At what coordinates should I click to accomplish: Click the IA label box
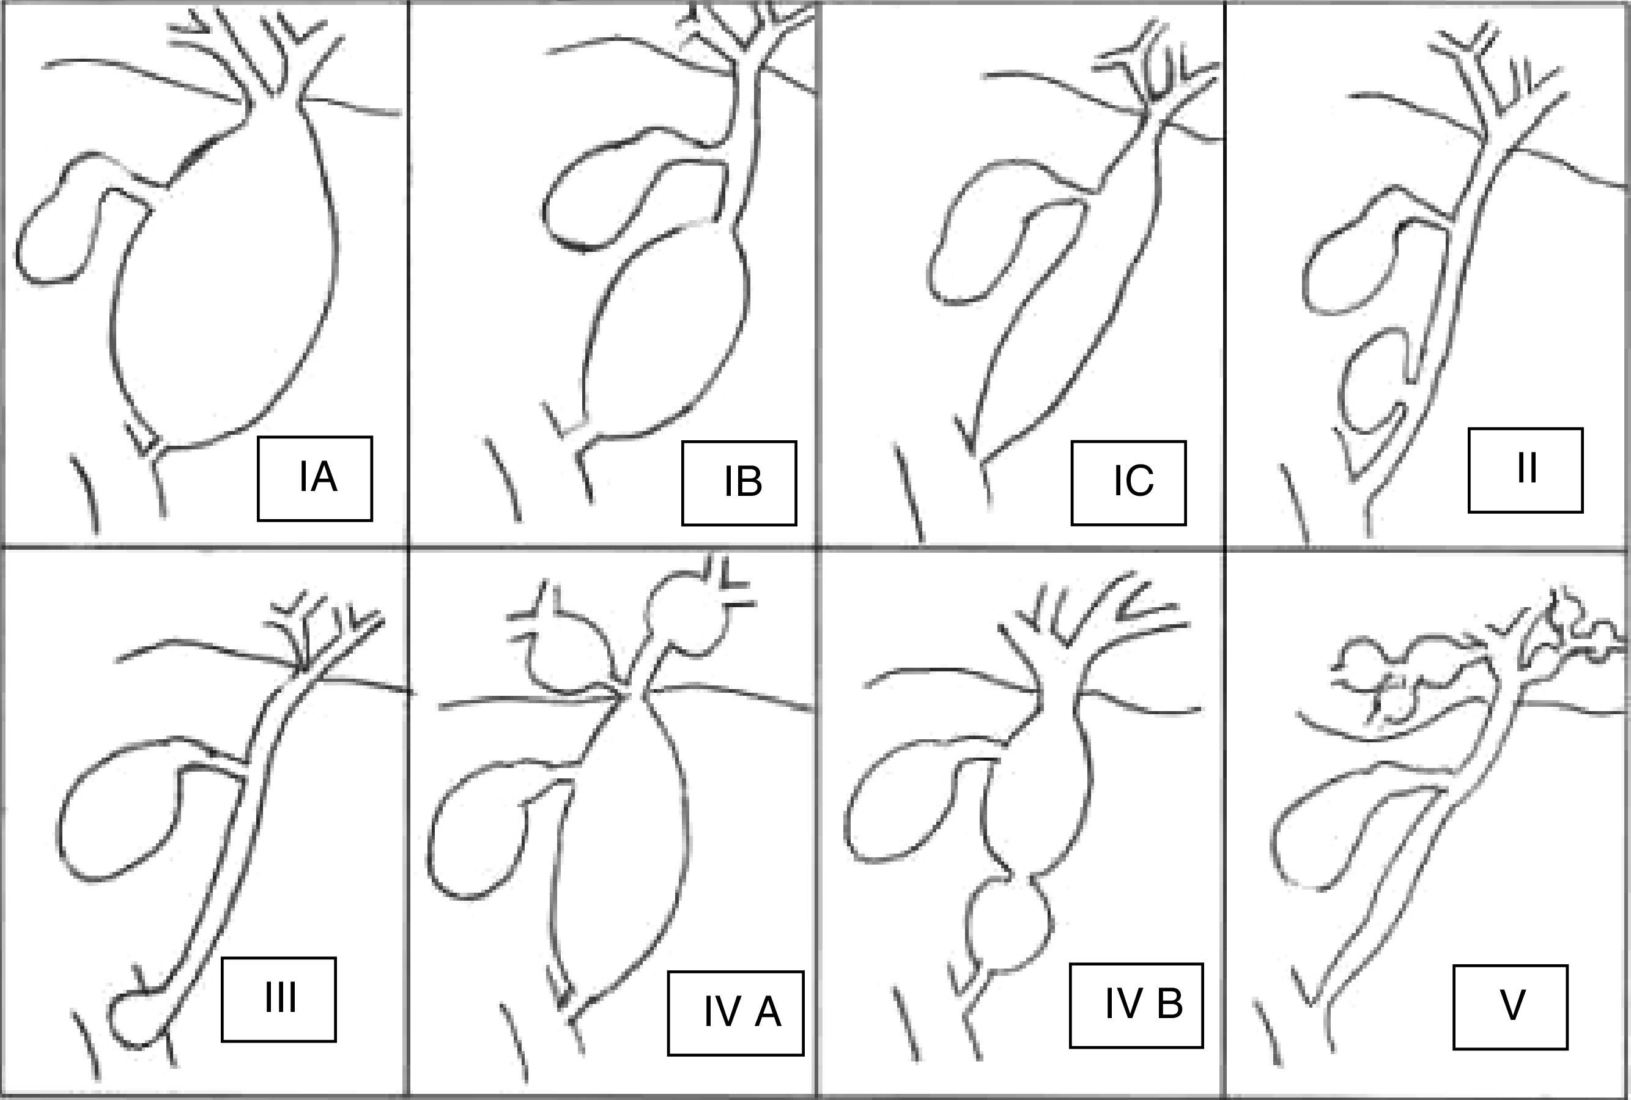point(315,478)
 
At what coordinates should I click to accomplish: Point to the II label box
point(1526,470)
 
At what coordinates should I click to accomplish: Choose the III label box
point(278,999)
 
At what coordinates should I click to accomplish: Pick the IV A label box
point(736,1013)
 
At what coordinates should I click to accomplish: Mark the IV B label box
point(1136,1005)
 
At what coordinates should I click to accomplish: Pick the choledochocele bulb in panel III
point(137,1017)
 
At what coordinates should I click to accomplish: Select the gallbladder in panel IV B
point(905,800)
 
